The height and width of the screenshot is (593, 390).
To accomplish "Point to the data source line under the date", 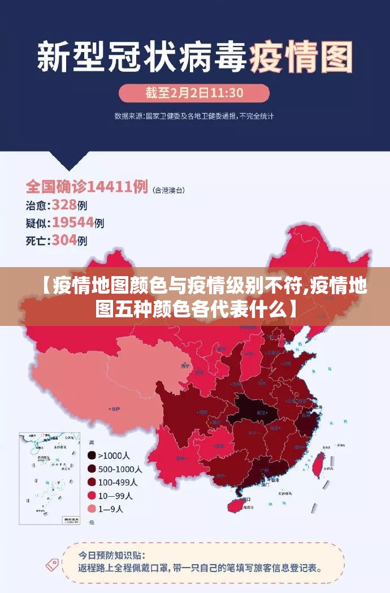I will tap(194, 116).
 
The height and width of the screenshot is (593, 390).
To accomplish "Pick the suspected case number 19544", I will tap(73, 222).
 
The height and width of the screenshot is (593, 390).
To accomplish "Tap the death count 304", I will tap(64, 240).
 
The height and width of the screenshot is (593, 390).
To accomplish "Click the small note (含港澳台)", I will tap(169, 190).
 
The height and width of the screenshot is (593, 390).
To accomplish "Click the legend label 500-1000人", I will tap(120, 469).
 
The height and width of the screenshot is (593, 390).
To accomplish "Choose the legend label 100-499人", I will tap(118, 482).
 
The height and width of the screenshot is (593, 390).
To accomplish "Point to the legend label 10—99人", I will tap(115, 496).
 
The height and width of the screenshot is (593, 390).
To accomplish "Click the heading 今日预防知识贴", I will tap(111, 555).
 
